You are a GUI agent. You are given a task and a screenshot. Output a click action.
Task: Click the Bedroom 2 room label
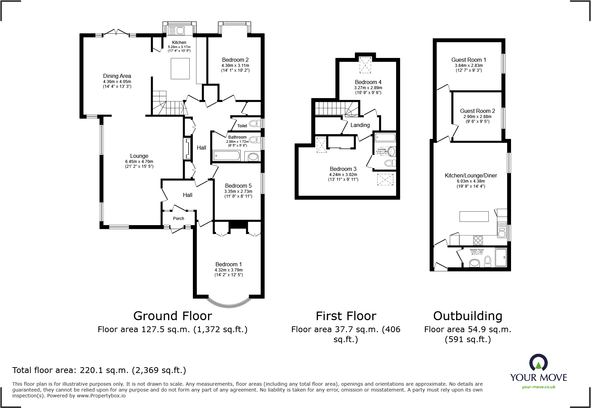tap(235, 60)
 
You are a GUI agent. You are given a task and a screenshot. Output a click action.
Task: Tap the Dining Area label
tap(117, 76)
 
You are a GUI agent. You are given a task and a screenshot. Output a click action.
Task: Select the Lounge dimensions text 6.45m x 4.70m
tap(139, 162)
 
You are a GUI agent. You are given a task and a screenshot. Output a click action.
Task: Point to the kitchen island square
tap(180, 69)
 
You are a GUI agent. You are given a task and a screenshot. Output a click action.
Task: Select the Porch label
tap(178, 219)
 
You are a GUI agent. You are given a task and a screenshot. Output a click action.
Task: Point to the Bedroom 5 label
tap(238, 186)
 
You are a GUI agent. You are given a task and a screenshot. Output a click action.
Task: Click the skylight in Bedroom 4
tap(365, 65)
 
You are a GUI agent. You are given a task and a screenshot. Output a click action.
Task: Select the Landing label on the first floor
tap(360, 125)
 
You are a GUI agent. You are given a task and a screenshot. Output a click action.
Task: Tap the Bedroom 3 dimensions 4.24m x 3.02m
tap(343, 174)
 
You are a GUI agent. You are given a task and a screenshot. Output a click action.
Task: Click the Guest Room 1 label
tap(468, 60)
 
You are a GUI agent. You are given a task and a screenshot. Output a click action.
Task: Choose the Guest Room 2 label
tap(477, 111)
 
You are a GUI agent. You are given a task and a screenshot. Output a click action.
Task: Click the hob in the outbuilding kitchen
tap(478, 240)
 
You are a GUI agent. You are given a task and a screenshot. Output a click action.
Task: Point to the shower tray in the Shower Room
tap(501, 257)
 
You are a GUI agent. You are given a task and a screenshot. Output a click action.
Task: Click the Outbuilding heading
tap(467, 316)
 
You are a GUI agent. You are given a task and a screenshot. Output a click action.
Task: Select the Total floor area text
tap(99, 370)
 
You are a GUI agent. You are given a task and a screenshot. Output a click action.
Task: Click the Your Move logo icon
tap(538, 363)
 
